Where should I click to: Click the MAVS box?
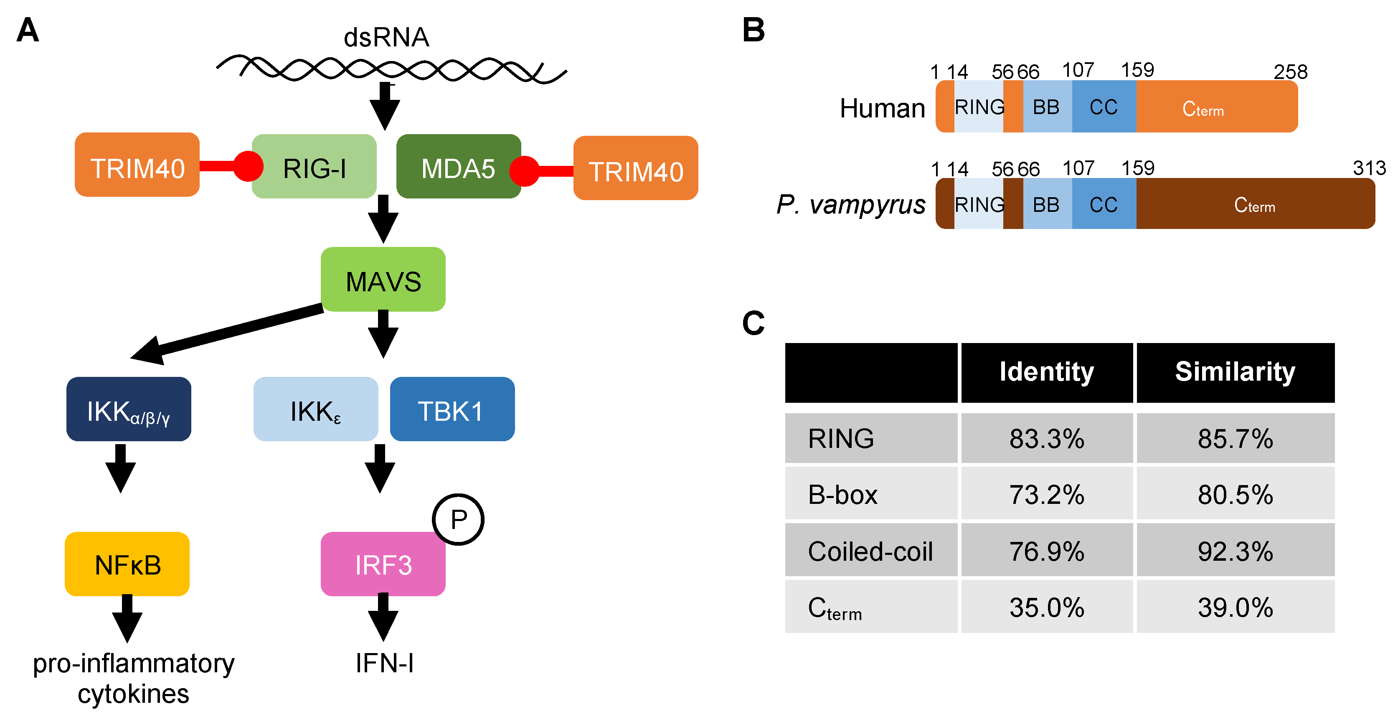(383, 279)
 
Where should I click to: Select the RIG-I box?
(314, 166)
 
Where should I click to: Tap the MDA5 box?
(459, 166)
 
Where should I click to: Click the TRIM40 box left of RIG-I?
(137, 165)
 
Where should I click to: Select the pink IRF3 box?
(383, 564)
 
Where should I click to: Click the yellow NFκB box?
(127, 564)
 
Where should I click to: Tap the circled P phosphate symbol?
(459, 519)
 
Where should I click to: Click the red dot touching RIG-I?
(249, 166)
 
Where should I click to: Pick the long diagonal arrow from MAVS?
(227, 334)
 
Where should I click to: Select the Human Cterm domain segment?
(1217, 107)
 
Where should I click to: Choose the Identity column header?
(1047, 372)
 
